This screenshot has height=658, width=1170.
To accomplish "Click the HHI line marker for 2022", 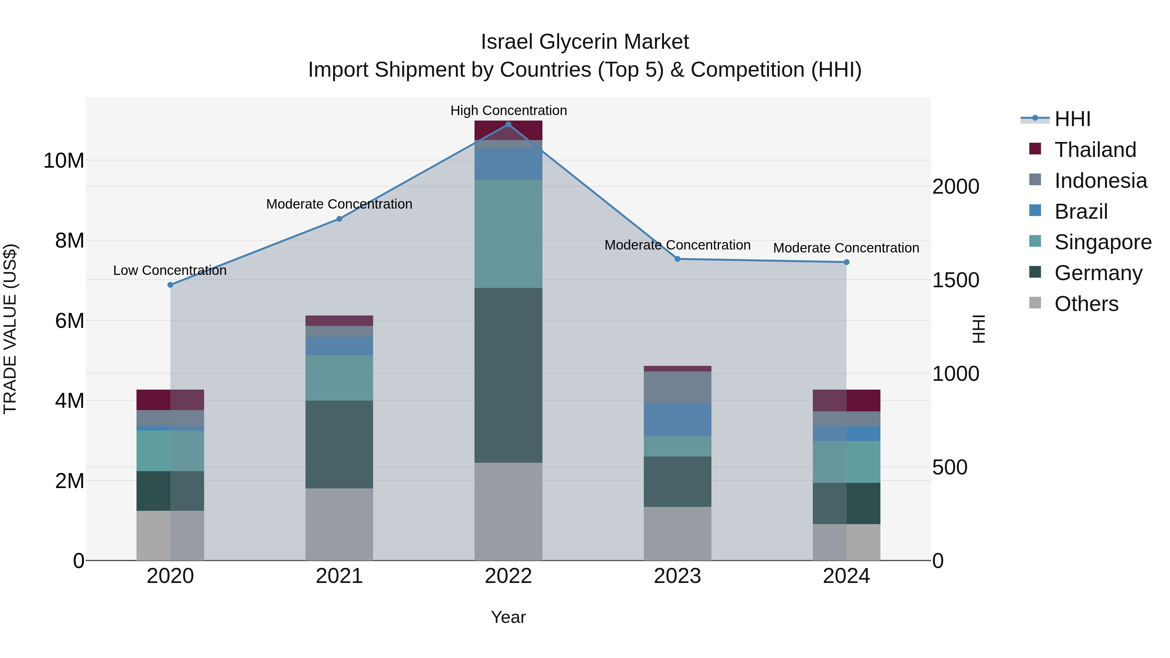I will tap(508, 124).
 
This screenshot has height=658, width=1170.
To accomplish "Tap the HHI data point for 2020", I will tap(170, 285).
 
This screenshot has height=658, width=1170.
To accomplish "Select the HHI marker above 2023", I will tap(677, 259).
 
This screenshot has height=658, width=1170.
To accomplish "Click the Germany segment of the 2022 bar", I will tap(508, 375).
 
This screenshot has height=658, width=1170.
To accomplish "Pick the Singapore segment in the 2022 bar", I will tap(508, 234).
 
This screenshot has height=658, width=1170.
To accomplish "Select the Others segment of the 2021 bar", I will tap(339, 524).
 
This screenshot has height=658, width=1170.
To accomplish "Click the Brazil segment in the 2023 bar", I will tap(677, 419).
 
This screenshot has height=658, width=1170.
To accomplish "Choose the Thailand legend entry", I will tap(1095, 150).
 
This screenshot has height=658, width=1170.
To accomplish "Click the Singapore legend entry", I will tap(1103, 242).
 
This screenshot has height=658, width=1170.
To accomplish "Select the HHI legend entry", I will tap(1072, 119).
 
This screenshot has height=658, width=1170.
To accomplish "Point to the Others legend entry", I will tap(1086, 304).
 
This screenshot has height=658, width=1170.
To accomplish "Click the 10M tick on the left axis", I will tap(64, 161).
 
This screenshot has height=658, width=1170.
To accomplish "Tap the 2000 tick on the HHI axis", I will tap(955, 187).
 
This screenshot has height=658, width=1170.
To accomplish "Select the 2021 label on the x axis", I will tap(339, 576).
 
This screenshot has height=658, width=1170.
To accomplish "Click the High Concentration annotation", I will tap(508, 110).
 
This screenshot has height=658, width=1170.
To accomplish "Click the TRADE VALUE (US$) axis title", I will tap(10, 329).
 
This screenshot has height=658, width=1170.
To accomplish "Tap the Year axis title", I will tap(508, 617).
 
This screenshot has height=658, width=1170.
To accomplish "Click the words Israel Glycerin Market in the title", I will tap(585, 42).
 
